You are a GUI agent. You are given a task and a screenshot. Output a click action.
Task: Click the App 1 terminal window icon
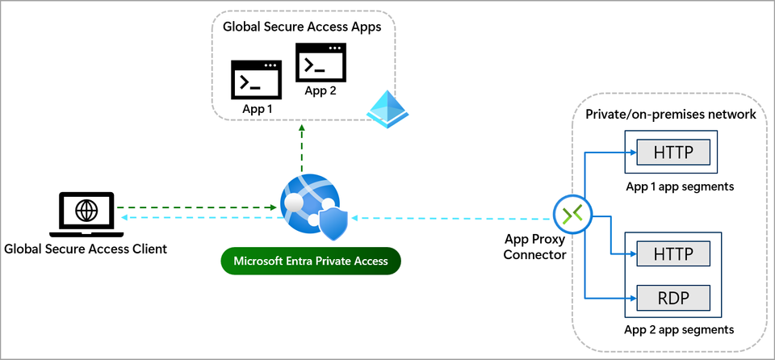pos(254,79)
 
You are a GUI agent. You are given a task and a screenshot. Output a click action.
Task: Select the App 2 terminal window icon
pos(320,61)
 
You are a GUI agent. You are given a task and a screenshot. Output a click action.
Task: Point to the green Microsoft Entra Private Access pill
pos(311,261)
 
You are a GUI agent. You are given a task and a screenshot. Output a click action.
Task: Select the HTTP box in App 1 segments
pos(672,152)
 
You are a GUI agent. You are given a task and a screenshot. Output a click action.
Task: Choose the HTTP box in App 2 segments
pos(672,253)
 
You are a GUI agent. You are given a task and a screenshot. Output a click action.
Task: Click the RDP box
pos(672,299)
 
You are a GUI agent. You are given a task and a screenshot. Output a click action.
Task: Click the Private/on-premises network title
pos(669,115)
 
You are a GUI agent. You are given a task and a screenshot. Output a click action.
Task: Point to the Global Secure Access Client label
pos(86,249)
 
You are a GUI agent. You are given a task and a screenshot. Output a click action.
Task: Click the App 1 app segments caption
pos(680,186)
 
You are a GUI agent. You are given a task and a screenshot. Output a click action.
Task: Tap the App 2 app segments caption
pos(680,330)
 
